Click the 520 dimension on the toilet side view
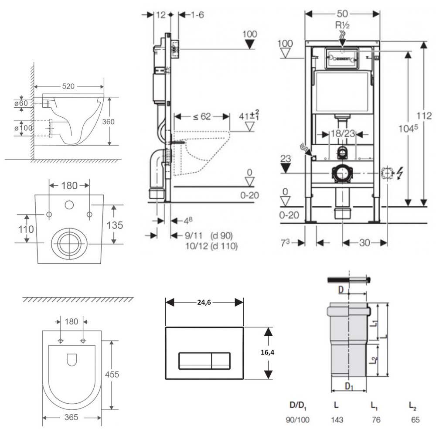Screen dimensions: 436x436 point(68,86)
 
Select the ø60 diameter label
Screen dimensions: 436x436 point(20,103)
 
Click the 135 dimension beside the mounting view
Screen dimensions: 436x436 point(115,225)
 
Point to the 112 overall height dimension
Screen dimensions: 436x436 point(423,116)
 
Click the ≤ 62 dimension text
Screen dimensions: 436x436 point(201,116)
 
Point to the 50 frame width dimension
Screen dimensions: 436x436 point(342,14)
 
